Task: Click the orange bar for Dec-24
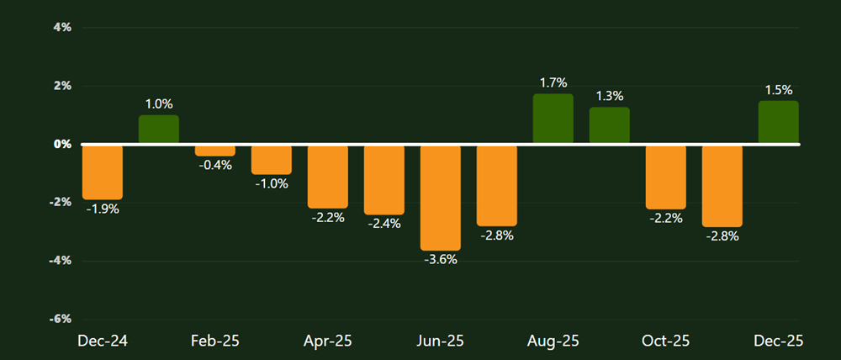pos(103,172)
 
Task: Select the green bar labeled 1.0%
pos(159,130)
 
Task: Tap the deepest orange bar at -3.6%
pos(441,198)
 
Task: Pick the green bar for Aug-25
pos(553,119)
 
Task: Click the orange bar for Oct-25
pos(665,177)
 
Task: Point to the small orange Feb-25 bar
pos(215,151)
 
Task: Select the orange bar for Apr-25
pos(328,177)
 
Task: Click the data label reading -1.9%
pos(103,209)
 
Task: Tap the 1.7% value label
pos(553,82)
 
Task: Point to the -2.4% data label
pos(384,224)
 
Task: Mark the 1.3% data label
pos(609,96)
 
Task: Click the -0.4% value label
pos(215,165)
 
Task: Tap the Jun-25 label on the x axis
pos(441,341)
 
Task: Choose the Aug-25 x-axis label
pos(553,341)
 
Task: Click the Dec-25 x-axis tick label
pos(778,341)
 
